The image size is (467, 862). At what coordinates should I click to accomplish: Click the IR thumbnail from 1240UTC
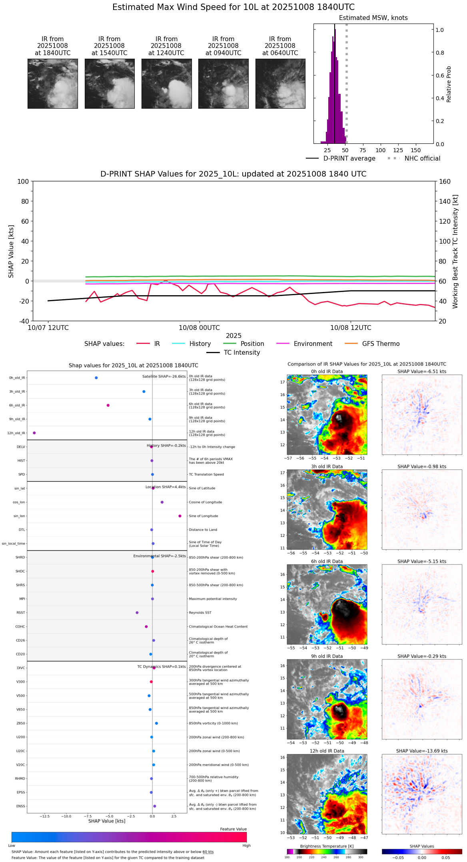coord(166,83)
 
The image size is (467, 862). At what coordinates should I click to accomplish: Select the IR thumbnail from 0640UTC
coord(280,83)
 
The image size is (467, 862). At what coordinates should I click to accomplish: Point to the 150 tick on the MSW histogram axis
coord(416,150)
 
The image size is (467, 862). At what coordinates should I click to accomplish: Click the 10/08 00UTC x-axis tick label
coord(199,328)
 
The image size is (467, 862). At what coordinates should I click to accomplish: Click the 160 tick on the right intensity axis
coord(445,181)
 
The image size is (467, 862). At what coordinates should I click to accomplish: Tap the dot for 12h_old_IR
coord(34,433)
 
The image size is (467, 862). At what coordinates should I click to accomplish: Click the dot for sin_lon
coord(180,516)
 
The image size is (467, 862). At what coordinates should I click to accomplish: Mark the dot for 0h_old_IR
coord(96,378)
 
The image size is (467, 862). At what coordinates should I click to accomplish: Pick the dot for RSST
coord(137,613)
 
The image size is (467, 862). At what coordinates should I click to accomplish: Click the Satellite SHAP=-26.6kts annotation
coord(164,377)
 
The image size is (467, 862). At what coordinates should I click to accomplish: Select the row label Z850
coord(20,723)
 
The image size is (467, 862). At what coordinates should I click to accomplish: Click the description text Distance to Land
coord(203,530)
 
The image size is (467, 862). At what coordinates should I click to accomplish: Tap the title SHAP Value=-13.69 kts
coord(422,751)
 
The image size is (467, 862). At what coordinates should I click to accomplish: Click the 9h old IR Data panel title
coord(327,656)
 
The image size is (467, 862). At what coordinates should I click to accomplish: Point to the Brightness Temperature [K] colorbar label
coord(327,846)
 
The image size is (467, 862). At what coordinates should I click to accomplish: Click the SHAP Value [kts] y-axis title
coord(11,251)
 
